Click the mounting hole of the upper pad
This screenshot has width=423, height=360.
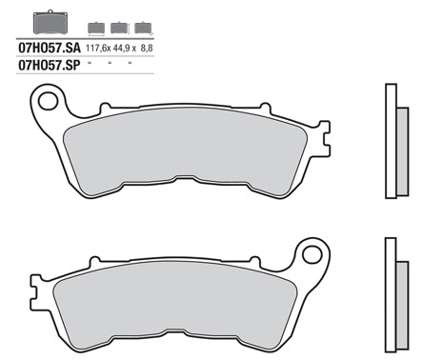(x=47, y=99)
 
